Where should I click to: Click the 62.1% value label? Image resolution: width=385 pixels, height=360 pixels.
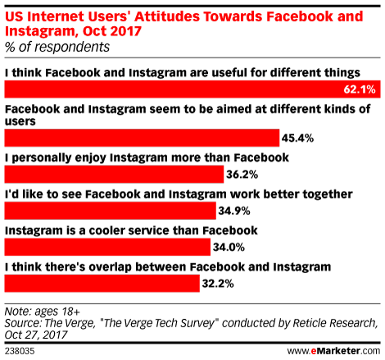pyautogui.click(x=360, y=89)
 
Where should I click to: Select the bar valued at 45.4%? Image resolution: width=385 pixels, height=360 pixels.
pyautogui.click(x=142, y=138)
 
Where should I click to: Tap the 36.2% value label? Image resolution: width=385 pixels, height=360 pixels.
pyautogui.click(x=242, y=175)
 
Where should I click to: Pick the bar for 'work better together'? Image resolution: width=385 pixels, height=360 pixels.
pyautogui.click(x=111, y=211)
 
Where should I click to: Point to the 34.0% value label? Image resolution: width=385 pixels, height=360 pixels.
pyautogui.click(x=229, y=248)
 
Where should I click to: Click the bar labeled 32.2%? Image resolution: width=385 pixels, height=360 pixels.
pyautogui.click(x=102, y=284)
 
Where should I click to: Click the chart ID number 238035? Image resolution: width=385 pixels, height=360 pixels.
pyautogui.click(x=20, y=351)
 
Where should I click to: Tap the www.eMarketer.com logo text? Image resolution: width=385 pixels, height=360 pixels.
pyautogui.click(x=333, y=351)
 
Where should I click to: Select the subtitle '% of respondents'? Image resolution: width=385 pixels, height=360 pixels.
pyautogui.click(x=57, y=47)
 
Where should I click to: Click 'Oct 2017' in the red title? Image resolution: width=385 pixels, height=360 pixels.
pyautogui.click(x=112, y=31)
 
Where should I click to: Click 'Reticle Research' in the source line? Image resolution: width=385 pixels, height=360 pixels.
pyautogui.click(x=335, y=323)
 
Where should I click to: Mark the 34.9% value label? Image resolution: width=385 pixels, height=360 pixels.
pyautogui.click(x=234, y=211)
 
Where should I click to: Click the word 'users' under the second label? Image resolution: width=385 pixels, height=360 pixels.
pyautogui.click(x=20, y=121)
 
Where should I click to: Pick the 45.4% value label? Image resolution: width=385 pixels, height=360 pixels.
pyautogui.click(x=297, y=138)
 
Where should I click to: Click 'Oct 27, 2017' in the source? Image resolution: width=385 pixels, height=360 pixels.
pyautogui.click(x=36, y=335)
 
